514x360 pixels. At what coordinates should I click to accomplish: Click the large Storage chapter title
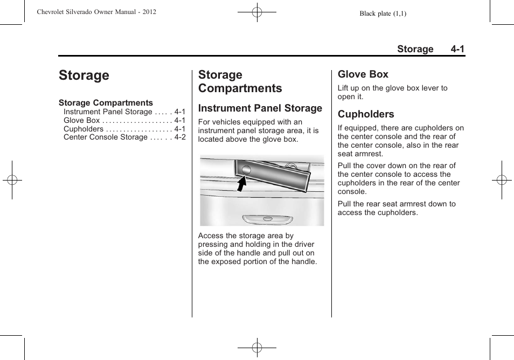(84, 75)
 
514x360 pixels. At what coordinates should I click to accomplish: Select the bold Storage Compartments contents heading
(106, 102)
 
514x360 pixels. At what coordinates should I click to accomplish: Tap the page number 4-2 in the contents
(179, 137)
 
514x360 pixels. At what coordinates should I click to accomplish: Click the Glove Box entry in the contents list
(82, 120)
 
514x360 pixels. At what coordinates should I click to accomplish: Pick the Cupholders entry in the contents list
(84, 129)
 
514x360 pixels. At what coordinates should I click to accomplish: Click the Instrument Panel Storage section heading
(260, 108)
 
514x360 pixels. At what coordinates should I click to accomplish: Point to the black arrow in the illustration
(242, 183)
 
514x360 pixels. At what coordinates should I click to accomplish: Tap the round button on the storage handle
(246, 170)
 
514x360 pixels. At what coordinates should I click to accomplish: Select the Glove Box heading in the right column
(363, 74)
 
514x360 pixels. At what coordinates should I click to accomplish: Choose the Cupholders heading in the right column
(366, 114)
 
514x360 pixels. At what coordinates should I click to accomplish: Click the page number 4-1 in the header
(458, 49)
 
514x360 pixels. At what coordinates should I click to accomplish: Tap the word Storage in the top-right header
(415, 49)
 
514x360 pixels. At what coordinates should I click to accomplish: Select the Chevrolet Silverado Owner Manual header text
(97, 12)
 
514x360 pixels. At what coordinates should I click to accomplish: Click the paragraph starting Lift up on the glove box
(392, 92)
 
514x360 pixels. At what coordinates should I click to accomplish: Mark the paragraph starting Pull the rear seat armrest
(396, 208)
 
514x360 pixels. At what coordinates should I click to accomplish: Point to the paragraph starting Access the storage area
(257, 248)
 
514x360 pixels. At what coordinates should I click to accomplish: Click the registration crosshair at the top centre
(257, 12)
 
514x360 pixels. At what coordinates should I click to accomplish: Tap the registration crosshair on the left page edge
(12, 180)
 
